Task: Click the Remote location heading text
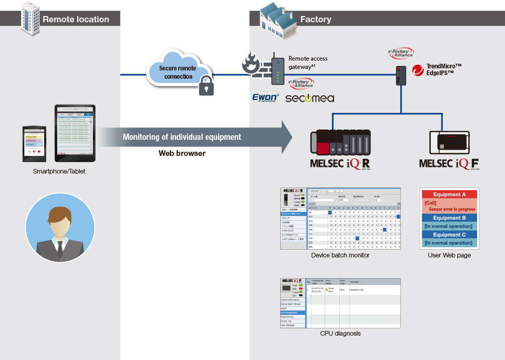[76, 20]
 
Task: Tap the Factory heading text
[315, 20]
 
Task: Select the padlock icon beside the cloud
[206, 85]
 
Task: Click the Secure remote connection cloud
[178, 72]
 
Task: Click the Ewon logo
[265, 97]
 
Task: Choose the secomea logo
[310, 98]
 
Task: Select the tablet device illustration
[75, 133]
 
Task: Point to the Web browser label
[182, 153]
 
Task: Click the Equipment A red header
[450, 195]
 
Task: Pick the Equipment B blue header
[450, 218]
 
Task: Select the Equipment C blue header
[450, 235]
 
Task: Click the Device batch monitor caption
[340, 255]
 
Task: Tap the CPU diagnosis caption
[340, 333]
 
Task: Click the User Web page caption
[450, 255]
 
